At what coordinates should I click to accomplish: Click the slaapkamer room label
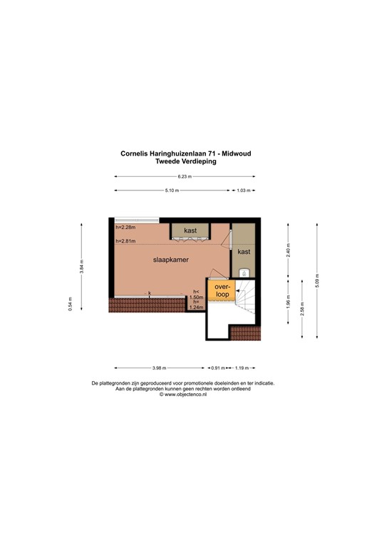tap(171, 260)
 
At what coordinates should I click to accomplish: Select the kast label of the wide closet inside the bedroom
tap(190, 230)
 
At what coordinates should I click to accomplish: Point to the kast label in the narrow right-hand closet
tap(244, 252)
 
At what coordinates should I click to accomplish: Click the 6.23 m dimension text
tap(185, 176)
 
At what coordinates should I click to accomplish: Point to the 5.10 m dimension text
tap(171, 191)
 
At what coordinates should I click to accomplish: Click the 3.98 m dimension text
tap(158, 368)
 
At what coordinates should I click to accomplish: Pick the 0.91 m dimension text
tap(217, 368)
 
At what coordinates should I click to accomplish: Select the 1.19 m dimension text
tap(242, 368)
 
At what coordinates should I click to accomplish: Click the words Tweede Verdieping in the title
tap(185, 161)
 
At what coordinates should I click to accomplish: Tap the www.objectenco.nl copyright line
tap(184, 394)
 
